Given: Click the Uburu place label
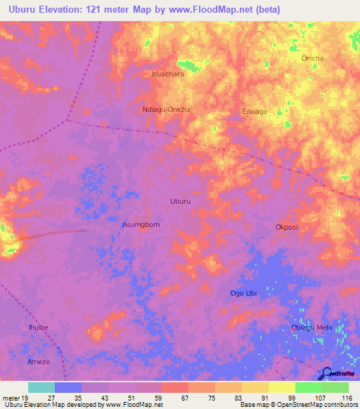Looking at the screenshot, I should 180,202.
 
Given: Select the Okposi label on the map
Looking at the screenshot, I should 287,228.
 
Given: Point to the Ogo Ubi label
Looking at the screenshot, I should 243,293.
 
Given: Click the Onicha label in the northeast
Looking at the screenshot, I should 312,58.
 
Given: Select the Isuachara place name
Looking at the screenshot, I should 168,73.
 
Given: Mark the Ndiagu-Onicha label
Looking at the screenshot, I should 167,110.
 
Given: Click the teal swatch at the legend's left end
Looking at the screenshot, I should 41,387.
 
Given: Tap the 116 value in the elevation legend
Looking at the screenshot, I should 347,397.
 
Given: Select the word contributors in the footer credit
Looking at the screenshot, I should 338,405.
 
